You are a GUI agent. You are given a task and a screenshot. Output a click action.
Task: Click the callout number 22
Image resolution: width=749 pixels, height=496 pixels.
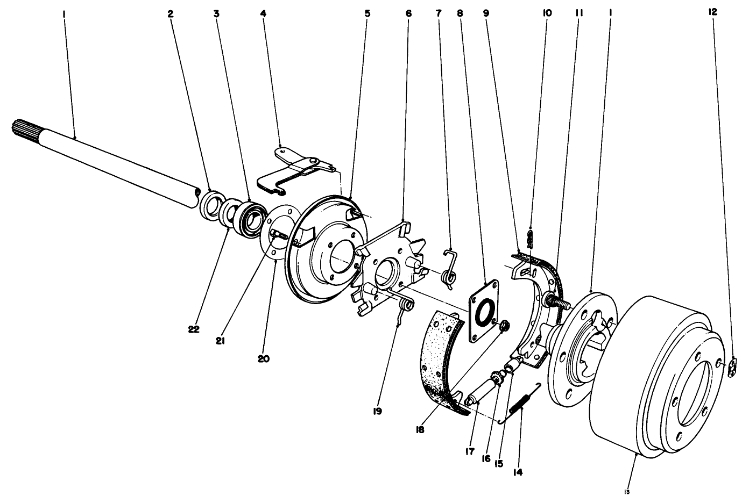tap(194, 329)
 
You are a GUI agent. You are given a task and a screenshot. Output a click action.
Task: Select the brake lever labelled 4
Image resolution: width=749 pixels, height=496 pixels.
tap(293, 168)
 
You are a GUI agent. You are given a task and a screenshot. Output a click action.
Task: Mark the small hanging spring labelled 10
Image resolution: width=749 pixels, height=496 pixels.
tap(531, 238)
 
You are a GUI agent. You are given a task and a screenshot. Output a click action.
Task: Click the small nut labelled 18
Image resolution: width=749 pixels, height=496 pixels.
tap(505, 326)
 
